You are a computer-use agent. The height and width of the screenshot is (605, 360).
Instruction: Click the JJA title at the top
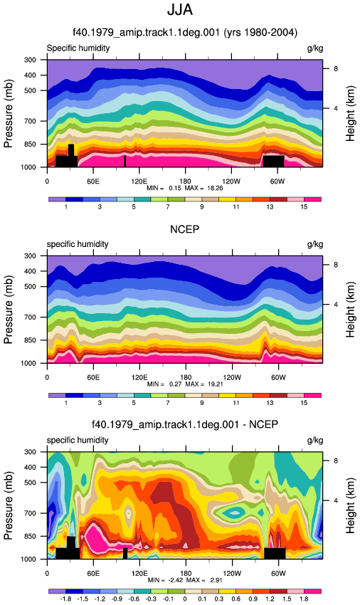[x=180, y=10]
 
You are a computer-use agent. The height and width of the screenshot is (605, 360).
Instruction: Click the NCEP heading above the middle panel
[x=185, y=229]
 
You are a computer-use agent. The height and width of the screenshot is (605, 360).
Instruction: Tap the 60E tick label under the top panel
[x=93, y=181]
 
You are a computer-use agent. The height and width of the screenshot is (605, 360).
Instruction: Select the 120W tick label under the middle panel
[x=232, y=377]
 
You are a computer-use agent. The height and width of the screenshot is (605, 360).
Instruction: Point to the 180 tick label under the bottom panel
[x=186, y=574]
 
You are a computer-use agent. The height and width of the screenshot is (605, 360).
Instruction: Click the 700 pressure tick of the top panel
[x=30, y=121]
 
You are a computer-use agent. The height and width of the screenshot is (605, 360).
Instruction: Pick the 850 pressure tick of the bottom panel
[x=30, y=537]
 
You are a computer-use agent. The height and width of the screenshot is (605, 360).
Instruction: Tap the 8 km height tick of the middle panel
[x=336, y=265]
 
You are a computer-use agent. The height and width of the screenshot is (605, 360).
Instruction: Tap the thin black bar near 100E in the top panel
[x=125, y=162]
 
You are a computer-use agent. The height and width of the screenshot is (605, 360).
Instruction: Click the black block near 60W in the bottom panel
[x=275, y=553]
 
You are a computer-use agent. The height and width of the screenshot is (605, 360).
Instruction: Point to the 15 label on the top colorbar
[x=304, y=207]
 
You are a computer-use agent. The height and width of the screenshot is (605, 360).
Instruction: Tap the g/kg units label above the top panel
[x=315, y=48]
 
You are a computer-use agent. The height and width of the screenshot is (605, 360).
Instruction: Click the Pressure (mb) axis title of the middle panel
[x=8, y=310]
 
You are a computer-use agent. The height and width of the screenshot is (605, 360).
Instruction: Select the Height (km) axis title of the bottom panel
[x=350, y=505]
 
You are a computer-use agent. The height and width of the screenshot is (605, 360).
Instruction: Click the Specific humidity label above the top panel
[x=78, y=48]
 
